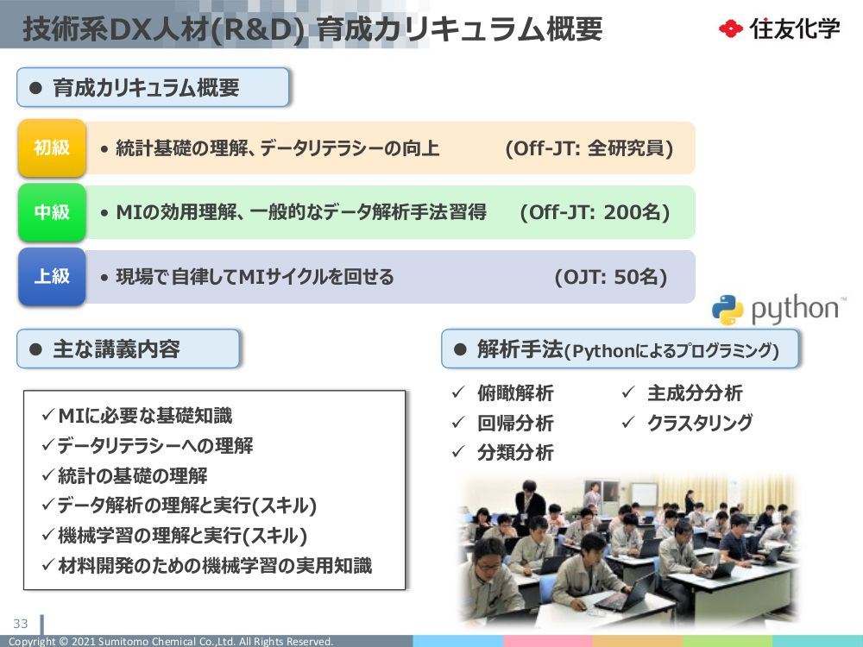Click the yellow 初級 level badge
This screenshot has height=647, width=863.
point(52,148)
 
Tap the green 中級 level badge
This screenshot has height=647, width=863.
point(52,212)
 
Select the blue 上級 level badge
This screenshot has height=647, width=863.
point(52,276)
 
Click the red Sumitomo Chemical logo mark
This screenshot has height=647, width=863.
point(731,28)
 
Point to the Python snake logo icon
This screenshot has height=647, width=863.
point(728,310)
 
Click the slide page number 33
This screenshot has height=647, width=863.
point(21,624)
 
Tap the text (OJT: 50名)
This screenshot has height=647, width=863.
point(611,277)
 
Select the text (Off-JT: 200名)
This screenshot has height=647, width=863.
point(595,212)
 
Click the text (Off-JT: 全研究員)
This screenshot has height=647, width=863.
point(589,148)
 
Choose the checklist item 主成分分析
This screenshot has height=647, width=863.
point(695,393)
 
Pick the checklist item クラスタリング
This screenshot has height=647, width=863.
point(700,423)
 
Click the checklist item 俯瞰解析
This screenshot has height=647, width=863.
point(515,393)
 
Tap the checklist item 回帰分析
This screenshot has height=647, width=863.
point(515,423)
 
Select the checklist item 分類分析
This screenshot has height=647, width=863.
point(515,452)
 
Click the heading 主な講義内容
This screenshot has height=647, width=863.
point(117,349)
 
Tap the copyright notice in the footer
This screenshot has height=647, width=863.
point(171,641)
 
